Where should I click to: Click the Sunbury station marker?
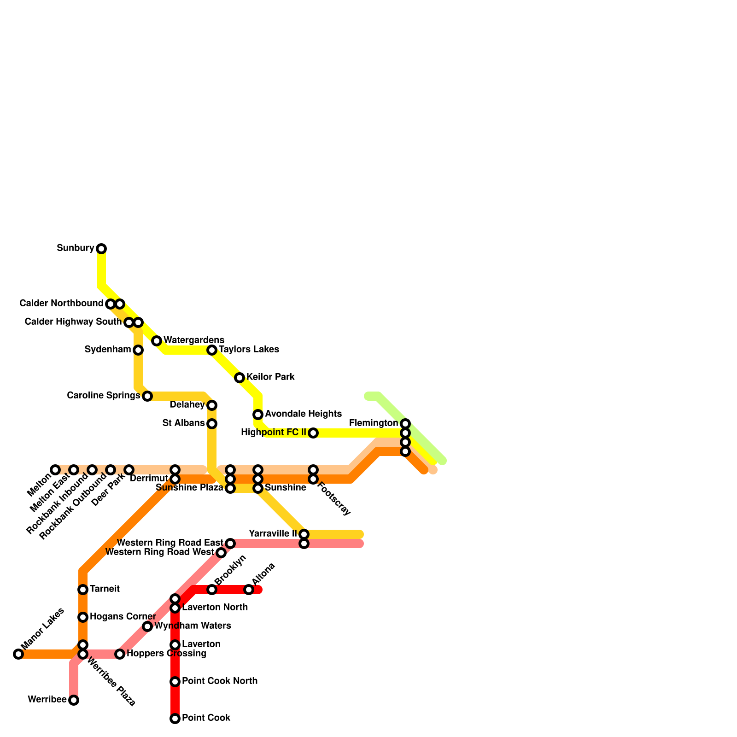coord(101,249)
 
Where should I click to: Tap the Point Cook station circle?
coord(175,719)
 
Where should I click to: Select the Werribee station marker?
coord(74,700)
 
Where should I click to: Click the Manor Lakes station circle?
coord(18,654)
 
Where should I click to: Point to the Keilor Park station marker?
coord(240,378)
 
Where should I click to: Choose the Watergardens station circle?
coord(157,341)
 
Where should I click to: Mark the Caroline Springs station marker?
coord(147,396)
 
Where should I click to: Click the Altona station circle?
coord(249,590)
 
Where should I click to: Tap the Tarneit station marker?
coord(83,590)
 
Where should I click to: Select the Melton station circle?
coord(55,470)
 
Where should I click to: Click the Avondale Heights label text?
coord(303,414)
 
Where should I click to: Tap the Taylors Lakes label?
coord(249,349)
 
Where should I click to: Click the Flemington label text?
coord(374,423)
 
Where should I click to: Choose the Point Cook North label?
coord(220,681)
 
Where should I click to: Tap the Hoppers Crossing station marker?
coord(120,654)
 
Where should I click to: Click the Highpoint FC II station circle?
coord(313,433)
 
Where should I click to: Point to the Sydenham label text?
coord(108,350)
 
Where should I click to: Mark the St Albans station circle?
coord(212,424)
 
